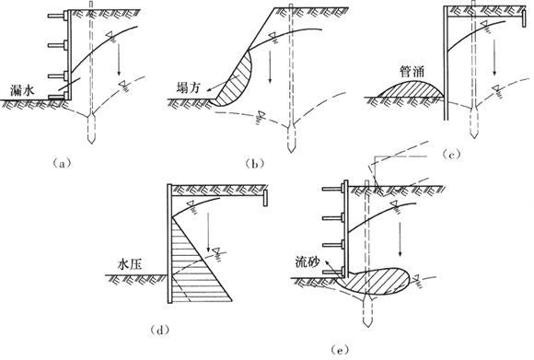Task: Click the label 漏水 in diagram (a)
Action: pos(22,90)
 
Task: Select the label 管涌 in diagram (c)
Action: pos(412,72)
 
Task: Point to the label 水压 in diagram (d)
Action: pos(130,264)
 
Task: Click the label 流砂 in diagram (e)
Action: pos(308,263)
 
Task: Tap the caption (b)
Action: pos(255,164)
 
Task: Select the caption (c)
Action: pos(452,155)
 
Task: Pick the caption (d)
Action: pos(159,330)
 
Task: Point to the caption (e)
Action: pos(340,350)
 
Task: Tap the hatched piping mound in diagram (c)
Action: pos(411,89)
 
